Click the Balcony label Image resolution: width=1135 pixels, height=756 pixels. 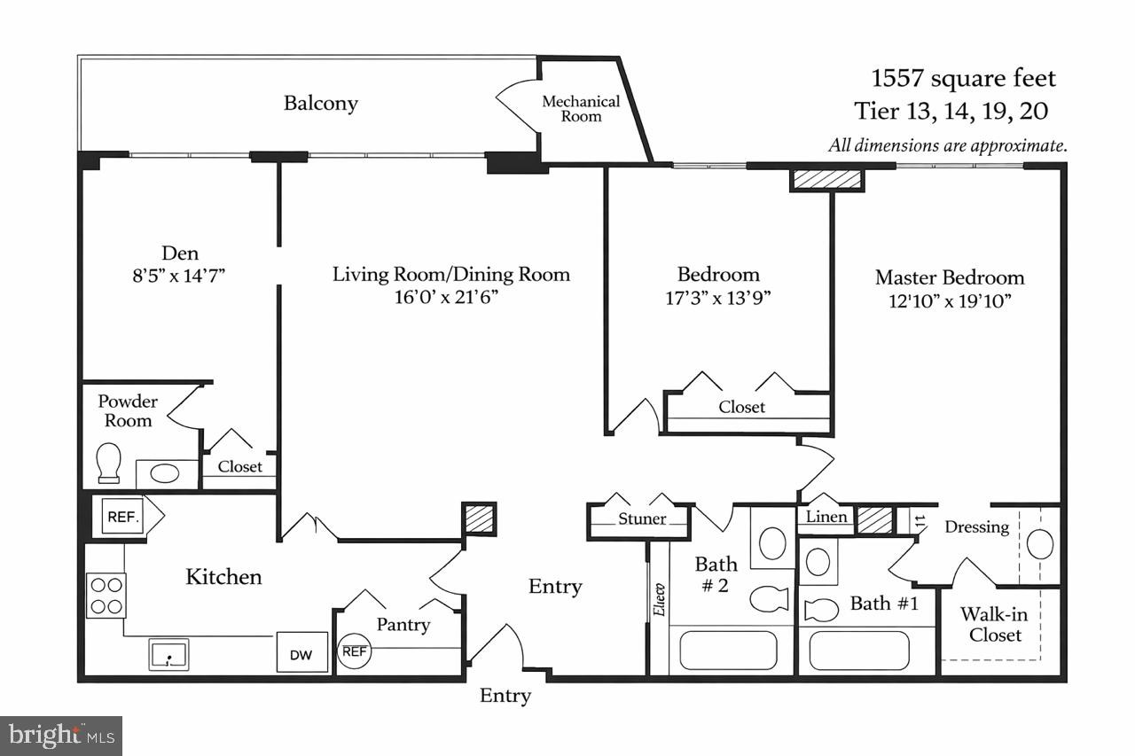(321, 103)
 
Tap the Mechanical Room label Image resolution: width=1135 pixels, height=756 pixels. (581, 109)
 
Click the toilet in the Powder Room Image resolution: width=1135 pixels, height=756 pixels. (109, 464)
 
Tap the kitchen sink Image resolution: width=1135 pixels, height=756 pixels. (167, 654)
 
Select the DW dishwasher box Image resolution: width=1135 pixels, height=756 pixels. (302, 655)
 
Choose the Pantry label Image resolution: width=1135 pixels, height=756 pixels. (403, 625)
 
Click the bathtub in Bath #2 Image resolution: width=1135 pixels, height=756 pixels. (728, 650)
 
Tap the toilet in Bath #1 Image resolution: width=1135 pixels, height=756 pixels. (821, 610)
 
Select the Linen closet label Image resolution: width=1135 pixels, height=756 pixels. (826, 517)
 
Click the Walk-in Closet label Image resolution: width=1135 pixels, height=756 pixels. (995, 625)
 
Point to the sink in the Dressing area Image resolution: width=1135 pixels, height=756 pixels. (1039, 543)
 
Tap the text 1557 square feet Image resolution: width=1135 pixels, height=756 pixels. (964, 79)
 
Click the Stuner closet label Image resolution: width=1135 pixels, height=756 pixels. (642, 518)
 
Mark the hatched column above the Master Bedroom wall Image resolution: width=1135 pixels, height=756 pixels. (826, 180)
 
